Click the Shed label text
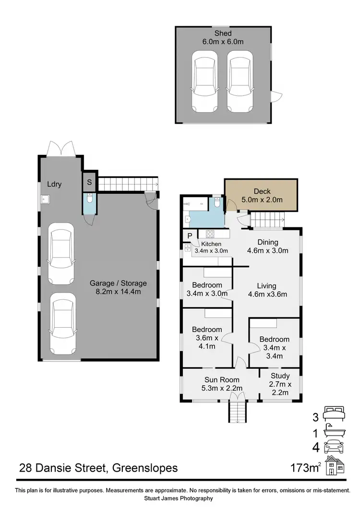point(223,34)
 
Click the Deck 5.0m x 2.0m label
point(262,195)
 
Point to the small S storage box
point(89,182)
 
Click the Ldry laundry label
point(54,184)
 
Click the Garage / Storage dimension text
point(118,287)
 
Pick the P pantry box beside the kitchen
point(190,236)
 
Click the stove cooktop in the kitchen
point(210,234)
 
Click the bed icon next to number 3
point(334,412)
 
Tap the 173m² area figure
point(306,467)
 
